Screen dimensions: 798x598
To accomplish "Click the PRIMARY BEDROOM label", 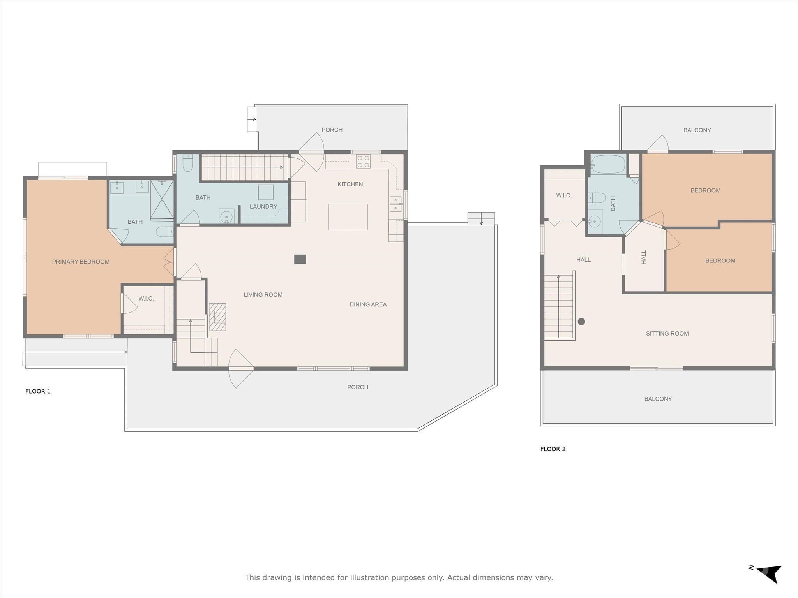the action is pyautogui.click(x=81, y=262).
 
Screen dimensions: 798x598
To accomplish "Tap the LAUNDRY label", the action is pyautogui.click(x=263, y=207).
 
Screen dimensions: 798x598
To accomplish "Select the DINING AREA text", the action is pyautogui.click(x=368, y=304).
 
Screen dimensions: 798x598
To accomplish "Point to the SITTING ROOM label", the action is pyautogui.click(x=667, y=334).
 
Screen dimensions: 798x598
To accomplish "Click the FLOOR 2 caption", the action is pyautogui.click(x=553, y=449).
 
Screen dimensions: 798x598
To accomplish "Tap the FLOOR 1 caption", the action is pyautogui.click(x=38, y=391).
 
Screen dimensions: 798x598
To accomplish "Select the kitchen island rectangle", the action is pyautogui.click(x=348, y=217).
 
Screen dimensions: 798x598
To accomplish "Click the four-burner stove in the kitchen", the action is pyautogui.click(x=363, y=162).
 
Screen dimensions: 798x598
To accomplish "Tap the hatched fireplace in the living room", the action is pyautogui.click(x=217, y=317).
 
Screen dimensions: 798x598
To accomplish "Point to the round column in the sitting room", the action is pyautogui.click(x=581, y=322).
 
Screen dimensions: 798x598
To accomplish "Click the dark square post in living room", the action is pyautogui.click(x=300, y=259).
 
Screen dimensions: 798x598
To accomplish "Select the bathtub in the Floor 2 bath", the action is pyautogui.click(x=608, y=164).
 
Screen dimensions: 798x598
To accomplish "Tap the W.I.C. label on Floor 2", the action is pyautogui.click(x=564, y=195).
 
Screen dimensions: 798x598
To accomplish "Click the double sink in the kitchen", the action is pyautogui.click(x=396, y=204).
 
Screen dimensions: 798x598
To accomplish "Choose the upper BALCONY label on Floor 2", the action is pyautogui.click(x=697, y=130).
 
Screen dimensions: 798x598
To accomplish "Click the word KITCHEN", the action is pyautogui.click(x=350, y=184).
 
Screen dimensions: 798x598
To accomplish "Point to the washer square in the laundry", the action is pyautogui.click(x=265, y=192).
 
